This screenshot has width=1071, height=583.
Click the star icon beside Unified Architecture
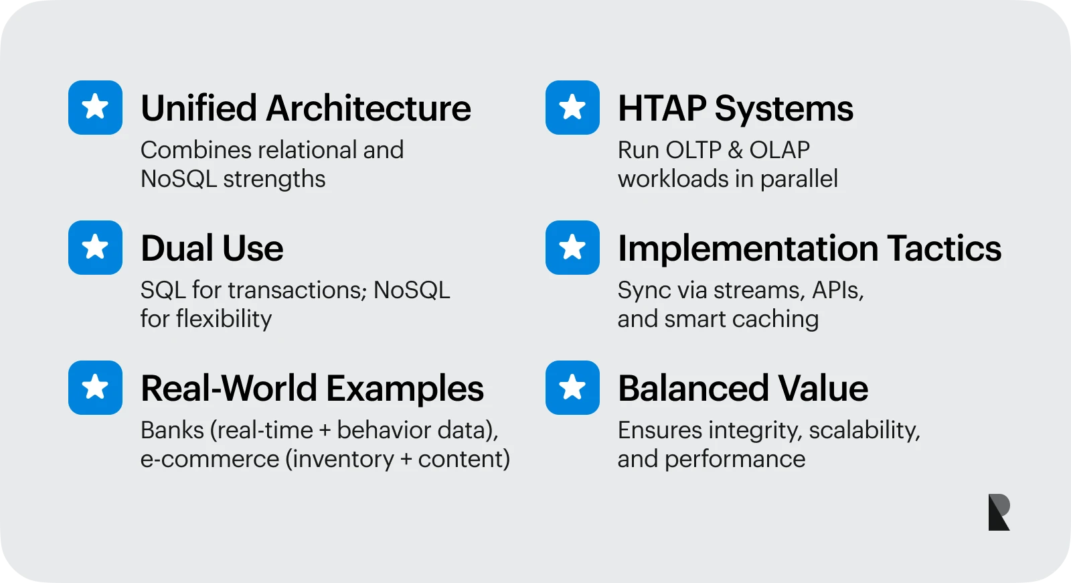(x=95, y=107)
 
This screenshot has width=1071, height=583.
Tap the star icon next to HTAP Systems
(x=572, y=107)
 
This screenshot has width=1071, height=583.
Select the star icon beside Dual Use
(x=95, y=247)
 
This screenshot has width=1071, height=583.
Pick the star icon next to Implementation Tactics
(x=572, y=247)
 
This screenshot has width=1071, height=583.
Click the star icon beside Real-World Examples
(x=95, y=388)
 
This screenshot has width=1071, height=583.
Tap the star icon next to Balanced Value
(x=572, y=388)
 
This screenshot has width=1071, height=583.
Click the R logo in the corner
(x=999, y=512)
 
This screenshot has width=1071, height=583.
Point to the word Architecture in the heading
(x=368, y=108)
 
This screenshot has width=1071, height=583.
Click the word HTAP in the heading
(x=662, y=108)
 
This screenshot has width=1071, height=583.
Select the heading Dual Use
(x=212, y=249)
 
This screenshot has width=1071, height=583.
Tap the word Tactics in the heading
(x=944, y=249)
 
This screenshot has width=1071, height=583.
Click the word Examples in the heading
(x=405, y=389)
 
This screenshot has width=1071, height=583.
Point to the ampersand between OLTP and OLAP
(x=735, y=150)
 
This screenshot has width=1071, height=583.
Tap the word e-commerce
(x=210, y=460)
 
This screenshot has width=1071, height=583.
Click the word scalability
(x=864, y=431)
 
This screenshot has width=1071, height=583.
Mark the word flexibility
(x=224, y=319)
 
